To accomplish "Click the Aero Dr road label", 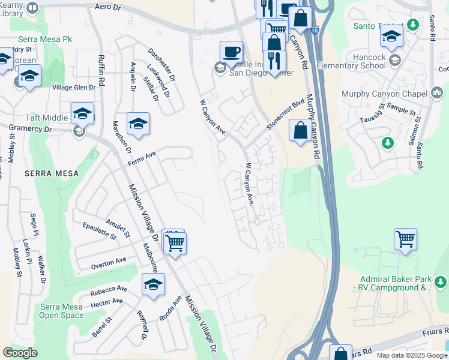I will (108, 7).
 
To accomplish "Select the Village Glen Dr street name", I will (74, 88).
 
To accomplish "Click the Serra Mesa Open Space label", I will (61, 311).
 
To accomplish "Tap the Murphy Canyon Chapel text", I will (384, 94).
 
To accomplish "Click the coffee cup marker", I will (231, 52).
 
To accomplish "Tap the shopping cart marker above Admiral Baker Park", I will (405, 239).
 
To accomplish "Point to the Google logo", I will (20, 353).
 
